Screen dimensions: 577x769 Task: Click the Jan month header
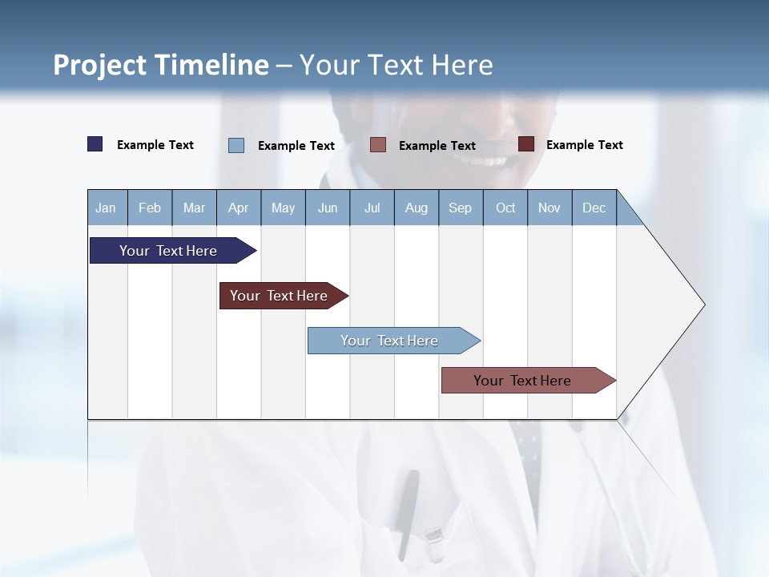[106, 208]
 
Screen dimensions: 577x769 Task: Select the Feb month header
[150, 208]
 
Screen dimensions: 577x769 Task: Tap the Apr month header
[239, 208]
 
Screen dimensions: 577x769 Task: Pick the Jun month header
[328, 208]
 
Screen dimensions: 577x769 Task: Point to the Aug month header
[417, 208]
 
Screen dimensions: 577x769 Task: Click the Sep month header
[461, 208]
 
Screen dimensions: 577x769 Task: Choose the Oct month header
[505, 208]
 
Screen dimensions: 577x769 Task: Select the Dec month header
[594, 208]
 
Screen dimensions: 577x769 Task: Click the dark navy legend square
[95, 144]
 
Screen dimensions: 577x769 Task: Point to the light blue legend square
[236, 145]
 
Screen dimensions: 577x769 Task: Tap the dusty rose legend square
[378, 144]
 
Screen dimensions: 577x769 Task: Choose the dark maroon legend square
[526, 144]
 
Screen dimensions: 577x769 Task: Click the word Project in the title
[99, 65]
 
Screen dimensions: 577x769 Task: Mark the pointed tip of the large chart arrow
[703, 305]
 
